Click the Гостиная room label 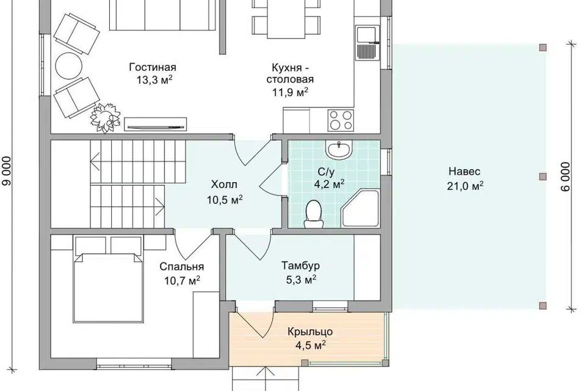tap(153, 67)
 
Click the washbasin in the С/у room tap(339, 150)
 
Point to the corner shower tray tap(361, 208)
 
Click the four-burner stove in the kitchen tap(341, 120)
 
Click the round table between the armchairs tap(68, 65)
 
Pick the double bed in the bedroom tap(109, 287)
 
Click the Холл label tap(224, 185)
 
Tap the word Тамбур tap(300, 266)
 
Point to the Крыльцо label tap(310, 332)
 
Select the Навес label tap(465, 172)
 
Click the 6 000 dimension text tap(565, 177)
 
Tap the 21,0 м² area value tap(465, 186)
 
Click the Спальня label tap(182, 266)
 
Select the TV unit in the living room tap(155, 124)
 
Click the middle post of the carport tap(542, 176)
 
